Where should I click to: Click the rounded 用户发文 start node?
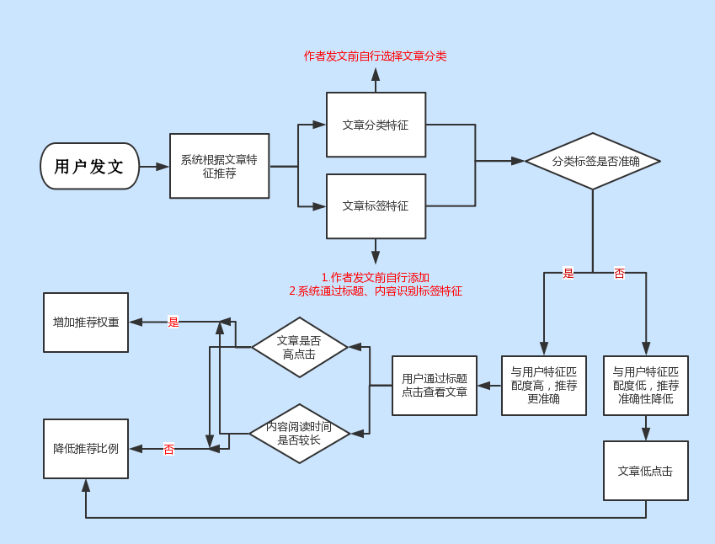(x=89, y=166)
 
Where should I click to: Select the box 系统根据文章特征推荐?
(x=219, y=166)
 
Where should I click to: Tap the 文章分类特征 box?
(x=376, y=125)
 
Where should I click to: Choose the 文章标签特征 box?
(x=376, y=205)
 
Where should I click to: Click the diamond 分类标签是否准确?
(x=592, y=161)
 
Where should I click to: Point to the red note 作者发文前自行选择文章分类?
(x=375, y=56)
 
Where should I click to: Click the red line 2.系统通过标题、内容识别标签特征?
(x=376, y=291)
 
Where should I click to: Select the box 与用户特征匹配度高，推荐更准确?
(x=544, y=385)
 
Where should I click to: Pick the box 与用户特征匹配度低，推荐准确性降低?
(x=645, y=385)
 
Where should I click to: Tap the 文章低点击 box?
(x=645, y=471)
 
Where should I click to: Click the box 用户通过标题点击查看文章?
(x=435, y=385)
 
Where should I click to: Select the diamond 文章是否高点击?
(x=300, y=347)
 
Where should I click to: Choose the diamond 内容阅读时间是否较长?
(x=299, y=433)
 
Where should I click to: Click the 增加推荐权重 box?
(x=86, y=322)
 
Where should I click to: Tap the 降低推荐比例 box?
(x=86, y=449)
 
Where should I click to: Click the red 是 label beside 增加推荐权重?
(x=173, y=322)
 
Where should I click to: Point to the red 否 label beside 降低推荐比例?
(x=168, y=450)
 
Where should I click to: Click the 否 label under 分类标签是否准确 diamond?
(x=619, y=273)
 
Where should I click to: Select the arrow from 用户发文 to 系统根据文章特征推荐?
(x=154, y=167)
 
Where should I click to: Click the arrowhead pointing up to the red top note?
(x=376, y=75)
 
